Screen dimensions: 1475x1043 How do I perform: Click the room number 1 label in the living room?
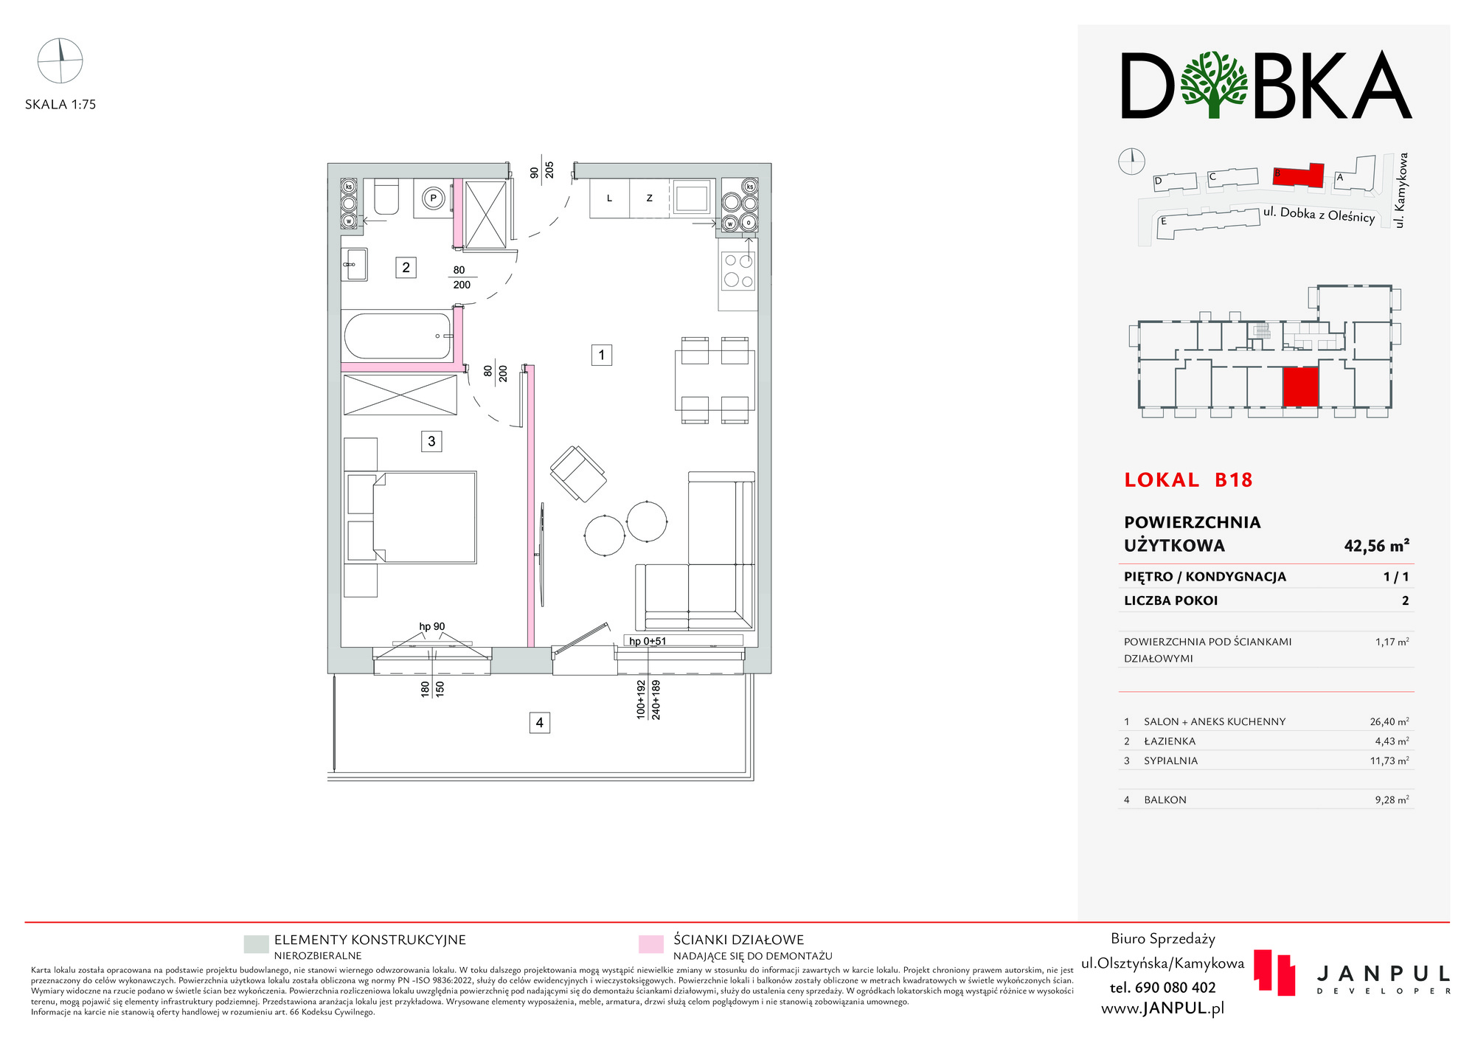601,356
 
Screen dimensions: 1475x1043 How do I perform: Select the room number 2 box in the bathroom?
406,267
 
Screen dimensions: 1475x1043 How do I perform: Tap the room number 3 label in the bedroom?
431,441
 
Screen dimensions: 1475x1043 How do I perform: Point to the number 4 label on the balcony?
540,723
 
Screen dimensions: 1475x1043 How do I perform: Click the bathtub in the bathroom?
398,336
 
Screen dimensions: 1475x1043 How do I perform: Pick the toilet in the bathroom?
386,197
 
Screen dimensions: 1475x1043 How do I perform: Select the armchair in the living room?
578,474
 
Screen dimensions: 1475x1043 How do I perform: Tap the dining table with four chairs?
715,381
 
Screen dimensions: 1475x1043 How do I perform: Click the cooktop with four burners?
738,270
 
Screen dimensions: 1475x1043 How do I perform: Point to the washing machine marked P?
433,198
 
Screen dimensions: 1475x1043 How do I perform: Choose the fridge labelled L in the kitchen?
609,198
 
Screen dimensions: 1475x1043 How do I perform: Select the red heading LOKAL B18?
1188,480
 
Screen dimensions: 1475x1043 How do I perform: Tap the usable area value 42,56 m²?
1376,546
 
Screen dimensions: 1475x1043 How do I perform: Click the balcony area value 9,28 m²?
1392,800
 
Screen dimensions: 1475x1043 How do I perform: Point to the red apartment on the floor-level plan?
1300,388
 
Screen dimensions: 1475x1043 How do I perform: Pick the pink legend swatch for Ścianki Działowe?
650,944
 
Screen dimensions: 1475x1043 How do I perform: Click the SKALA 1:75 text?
60,105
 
